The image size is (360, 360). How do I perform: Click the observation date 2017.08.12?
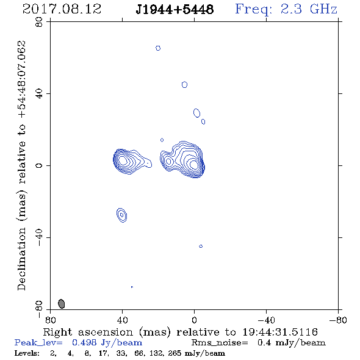(62, 9)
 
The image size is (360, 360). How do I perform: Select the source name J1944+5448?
(175, 9)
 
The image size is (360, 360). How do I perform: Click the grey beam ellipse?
(61, 304)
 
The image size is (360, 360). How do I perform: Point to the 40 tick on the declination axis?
(39, 94)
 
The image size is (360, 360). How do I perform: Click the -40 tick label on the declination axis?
(39, 237)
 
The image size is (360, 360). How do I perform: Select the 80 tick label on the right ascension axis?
(50, 320)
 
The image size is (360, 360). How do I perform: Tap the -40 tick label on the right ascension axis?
(266, 320)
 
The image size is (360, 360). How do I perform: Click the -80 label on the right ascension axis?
(338, 320)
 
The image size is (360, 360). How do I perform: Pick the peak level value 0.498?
(84, 342)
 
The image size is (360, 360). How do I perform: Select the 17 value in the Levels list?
(103, 353)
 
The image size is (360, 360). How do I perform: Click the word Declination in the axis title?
(21, 259)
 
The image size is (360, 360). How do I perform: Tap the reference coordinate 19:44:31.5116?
(280, 332)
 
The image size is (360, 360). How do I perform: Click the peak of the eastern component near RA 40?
(123, 160)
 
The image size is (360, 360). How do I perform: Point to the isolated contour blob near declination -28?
(121, 215)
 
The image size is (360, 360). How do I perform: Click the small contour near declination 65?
(158, 48)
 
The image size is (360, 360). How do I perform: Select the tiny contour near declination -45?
(201, 246)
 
